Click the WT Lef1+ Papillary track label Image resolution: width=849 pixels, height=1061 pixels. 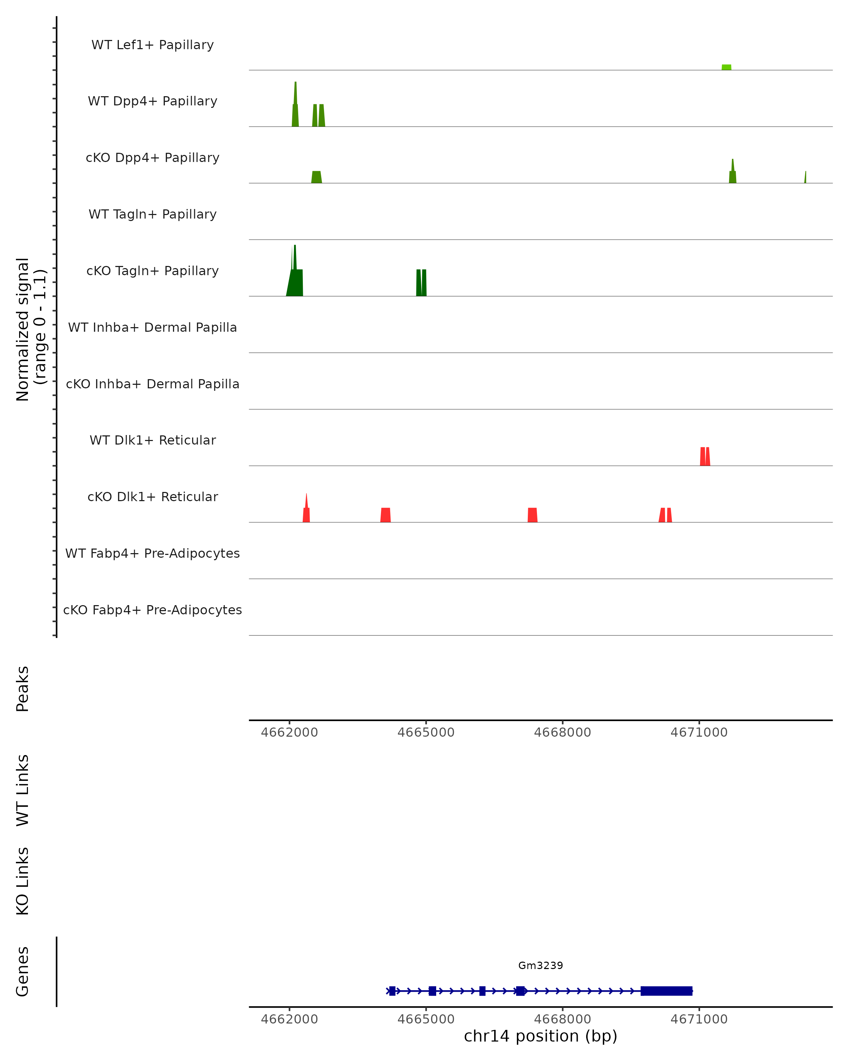click(152, 45)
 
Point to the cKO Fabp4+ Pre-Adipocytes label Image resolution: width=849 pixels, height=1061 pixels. click(152, 610)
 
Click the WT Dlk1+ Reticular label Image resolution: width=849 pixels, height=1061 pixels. click(152, 440)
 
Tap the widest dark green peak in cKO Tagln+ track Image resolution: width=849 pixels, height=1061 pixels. click(295, 283)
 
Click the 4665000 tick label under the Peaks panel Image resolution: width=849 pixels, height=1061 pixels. click(426, 732)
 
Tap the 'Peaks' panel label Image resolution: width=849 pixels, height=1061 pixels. click(22, 689)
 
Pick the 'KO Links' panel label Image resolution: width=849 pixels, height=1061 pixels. click(22, 881)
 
